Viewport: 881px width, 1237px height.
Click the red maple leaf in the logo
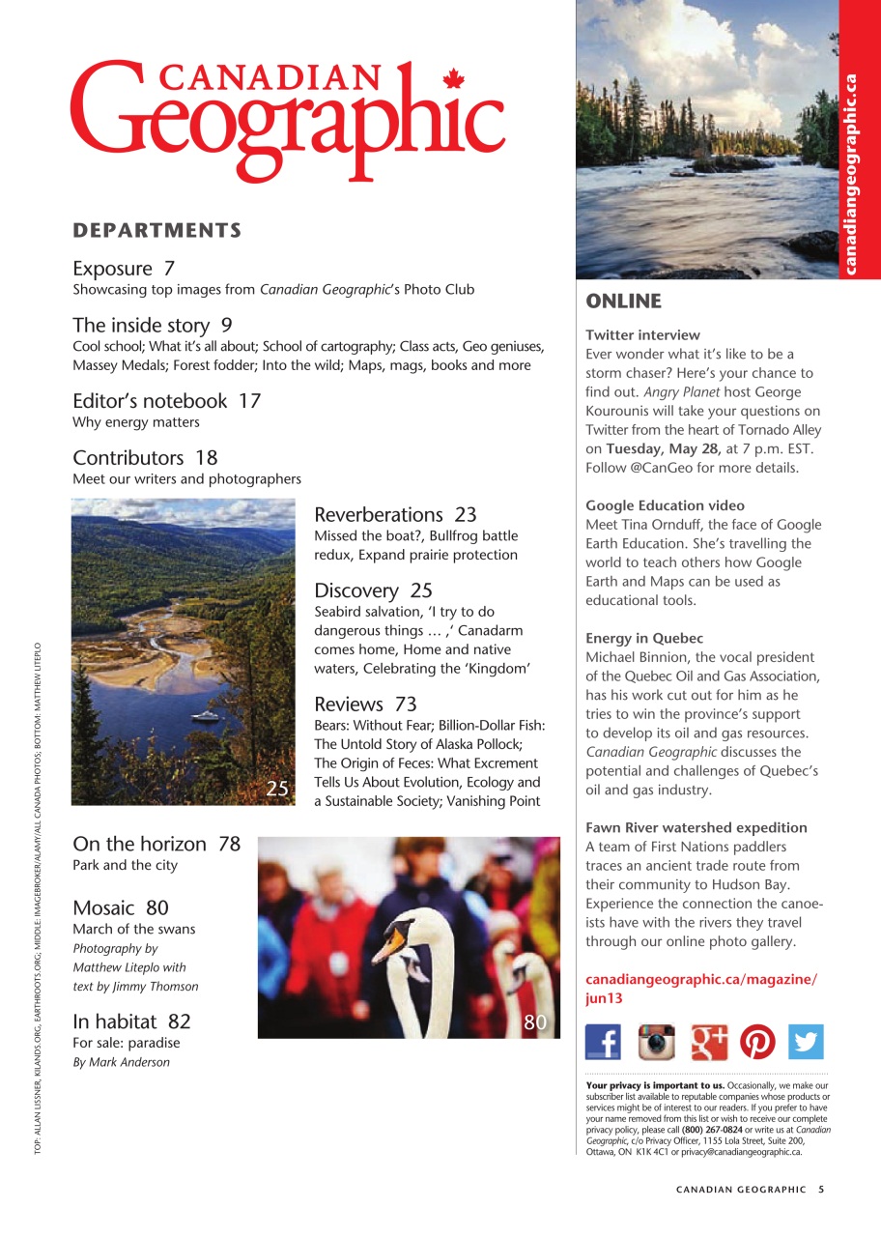pos(452,79)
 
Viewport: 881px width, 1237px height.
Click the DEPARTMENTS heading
pos(156,230)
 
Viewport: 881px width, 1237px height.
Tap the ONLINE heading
pos(623,302)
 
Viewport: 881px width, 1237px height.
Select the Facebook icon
pos(604,1042)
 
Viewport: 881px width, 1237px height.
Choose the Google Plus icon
pos(709,1042)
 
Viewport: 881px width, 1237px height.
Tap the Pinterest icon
pos(758,1042)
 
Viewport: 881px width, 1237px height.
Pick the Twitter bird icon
pos(806,1042)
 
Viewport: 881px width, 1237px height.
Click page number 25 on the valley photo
pos(277,789)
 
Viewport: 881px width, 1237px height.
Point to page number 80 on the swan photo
pos(536,1022)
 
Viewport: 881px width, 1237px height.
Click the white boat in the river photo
pos(206,716)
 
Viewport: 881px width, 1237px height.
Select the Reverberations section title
pos(378,514)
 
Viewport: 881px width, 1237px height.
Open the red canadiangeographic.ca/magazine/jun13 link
pos(700,989)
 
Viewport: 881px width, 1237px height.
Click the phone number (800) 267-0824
pos(712,1129)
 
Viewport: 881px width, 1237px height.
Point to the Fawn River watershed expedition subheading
pos(696,827)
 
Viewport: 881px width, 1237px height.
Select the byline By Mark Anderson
pos(121,1062)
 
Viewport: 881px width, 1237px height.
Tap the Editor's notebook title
pos(150,400)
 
